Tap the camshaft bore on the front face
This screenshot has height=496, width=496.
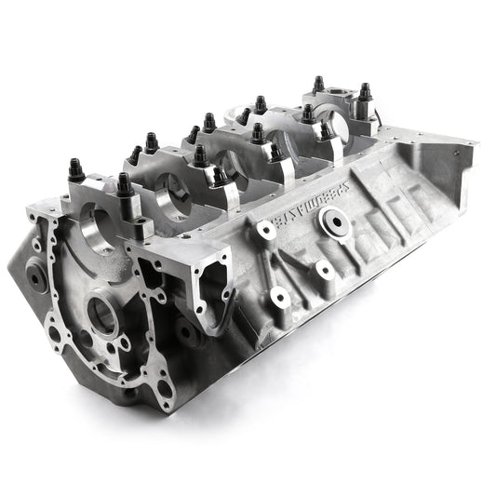point(103,317)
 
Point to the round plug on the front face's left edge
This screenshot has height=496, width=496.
point(36,275)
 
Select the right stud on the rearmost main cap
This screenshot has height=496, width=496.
point(364,92)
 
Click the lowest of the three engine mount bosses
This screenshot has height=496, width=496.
point(279,297)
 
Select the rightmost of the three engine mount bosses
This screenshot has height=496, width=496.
point(325,270)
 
